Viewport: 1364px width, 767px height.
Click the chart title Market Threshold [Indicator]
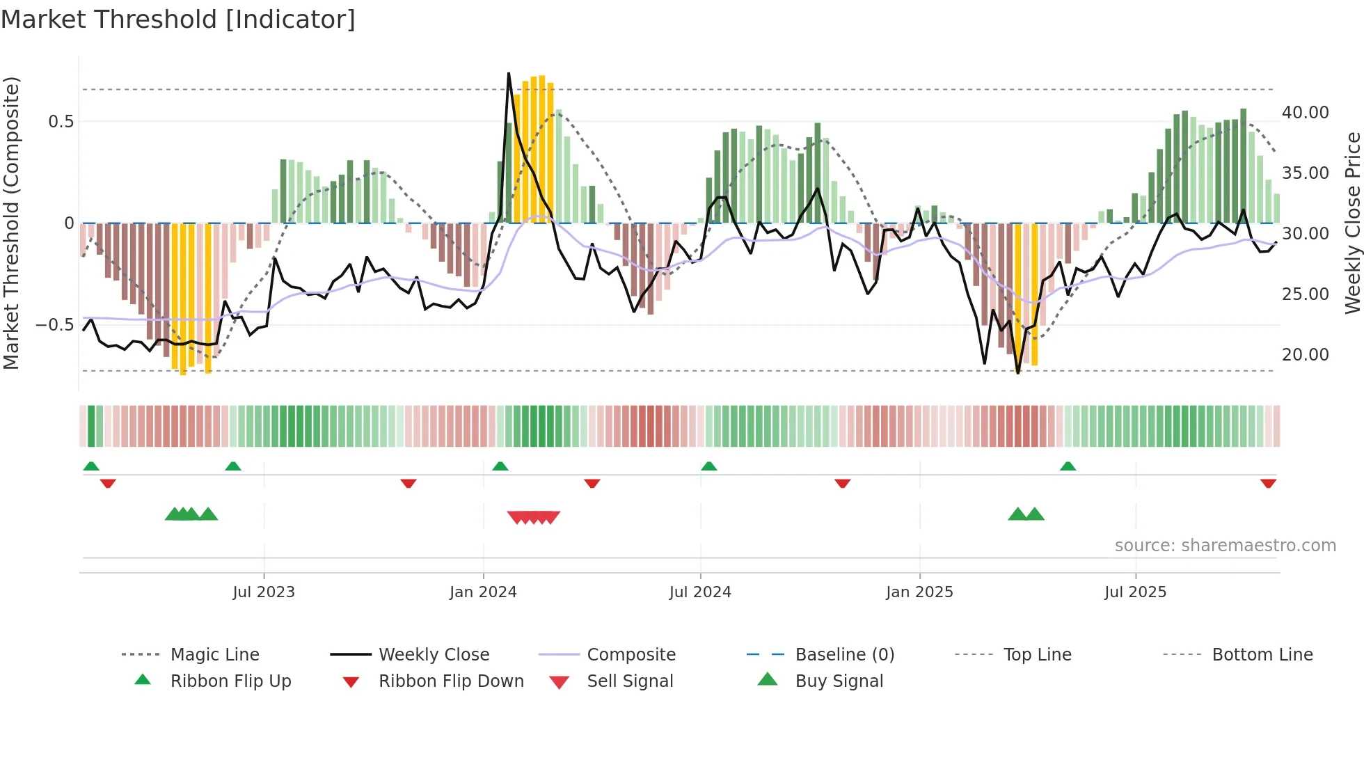pyautogui.click(x=178, y=19)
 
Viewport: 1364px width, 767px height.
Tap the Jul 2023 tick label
pyautogui.click(x=264, y=592)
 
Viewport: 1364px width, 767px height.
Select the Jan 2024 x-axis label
pyautogui.click(x=483, y=592)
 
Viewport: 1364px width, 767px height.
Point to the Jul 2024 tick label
pyautogui.click(x=700, y=592)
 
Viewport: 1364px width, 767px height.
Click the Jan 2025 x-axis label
pyautogui.click(x=919, y=592)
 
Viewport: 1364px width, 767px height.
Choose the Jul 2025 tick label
pyautogui.click(x=1135, y=592)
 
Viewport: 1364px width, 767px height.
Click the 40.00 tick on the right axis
pyautogui.click(x=1305, y=113)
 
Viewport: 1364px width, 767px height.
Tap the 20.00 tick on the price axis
pyautogui.click(x=1305, y=355)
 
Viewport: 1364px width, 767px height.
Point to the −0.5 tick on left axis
pyautogui.click(x=55, y=325)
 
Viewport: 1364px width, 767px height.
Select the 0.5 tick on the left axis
pyautogui.click(x=61, y=122)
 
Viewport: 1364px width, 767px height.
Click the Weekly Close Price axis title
pyautogui.click(x=1352, y=223)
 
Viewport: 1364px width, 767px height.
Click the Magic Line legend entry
pyautogui.click(x=214, y=655)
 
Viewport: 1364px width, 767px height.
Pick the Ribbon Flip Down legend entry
pyautogui.click(x=451, y=681)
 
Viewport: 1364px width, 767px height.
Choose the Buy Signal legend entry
pyautogui.click(x=839, y=681)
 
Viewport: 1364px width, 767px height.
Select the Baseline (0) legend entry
pyautogui.click(x=844, y=655)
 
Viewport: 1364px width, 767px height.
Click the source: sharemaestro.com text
pyautogui.click(x=1225, y=546)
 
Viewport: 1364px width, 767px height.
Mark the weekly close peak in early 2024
pyautogui.click(x=509, y=73)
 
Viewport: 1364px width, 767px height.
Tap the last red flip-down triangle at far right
pyautogui.click(x=1268, y=483)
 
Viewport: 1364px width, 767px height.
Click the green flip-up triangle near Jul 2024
pyautogui.click(x=708, y=466)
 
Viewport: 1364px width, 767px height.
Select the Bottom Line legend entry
pyautogui.click(x=1262, y=655)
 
